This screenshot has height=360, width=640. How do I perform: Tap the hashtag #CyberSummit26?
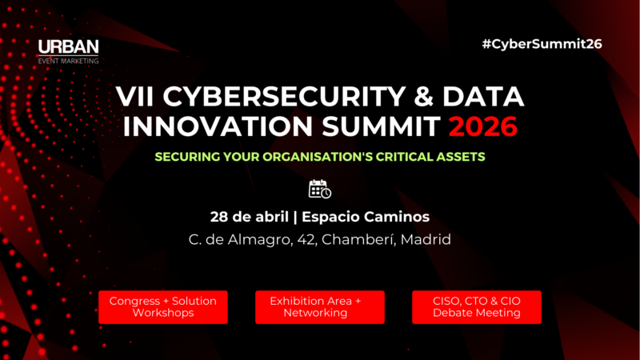tap(542, 44)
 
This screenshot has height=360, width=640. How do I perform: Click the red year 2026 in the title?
tap(482, 126)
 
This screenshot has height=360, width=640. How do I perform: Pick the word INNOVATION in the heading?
tap(220, 126)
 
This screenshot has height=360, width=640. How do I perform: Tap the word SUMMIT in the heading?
tap(374, 126)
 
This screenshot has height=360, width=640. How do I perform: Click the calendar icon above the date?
tap(319, 189)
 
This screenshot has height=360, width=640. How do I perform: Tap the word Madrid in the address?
tap(426, 239)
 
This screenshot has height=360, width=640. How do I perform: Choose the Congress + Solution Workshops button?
tap(163, 306)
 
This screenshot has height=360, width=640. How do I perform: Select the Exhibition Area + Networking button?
tap(320, 306)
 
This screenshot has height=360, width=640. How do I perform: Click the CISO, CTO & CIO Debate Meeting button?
tap(477, 306)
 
